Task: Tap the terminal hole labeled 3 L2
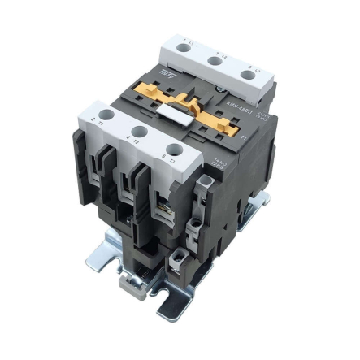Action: click(x=215, y=59)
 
